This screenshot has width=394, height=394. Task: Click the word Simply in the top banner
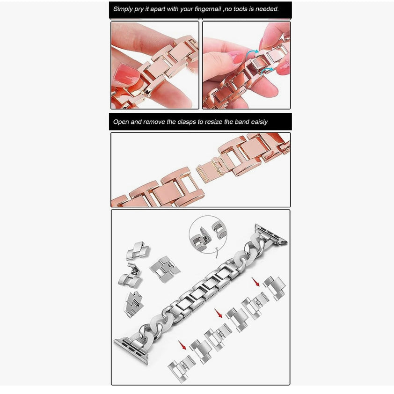pos(123,9)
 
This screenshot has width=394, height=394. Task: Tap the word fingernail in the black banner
pos(208,9)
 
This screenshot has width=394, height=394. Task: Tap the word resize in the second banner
pos(213,122)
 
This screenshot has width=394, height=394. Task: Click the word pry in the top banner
pos(139,9)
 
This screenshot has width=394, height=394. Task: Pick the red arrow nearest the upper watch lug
pos(255,282)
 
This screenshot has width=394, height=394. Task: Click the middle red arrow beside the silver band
pos(219,314)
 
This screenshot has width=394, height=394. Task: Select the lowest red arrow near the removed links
pos(182,345)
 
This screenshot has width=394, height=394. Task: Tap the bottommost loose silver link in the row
pos(182,368)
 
